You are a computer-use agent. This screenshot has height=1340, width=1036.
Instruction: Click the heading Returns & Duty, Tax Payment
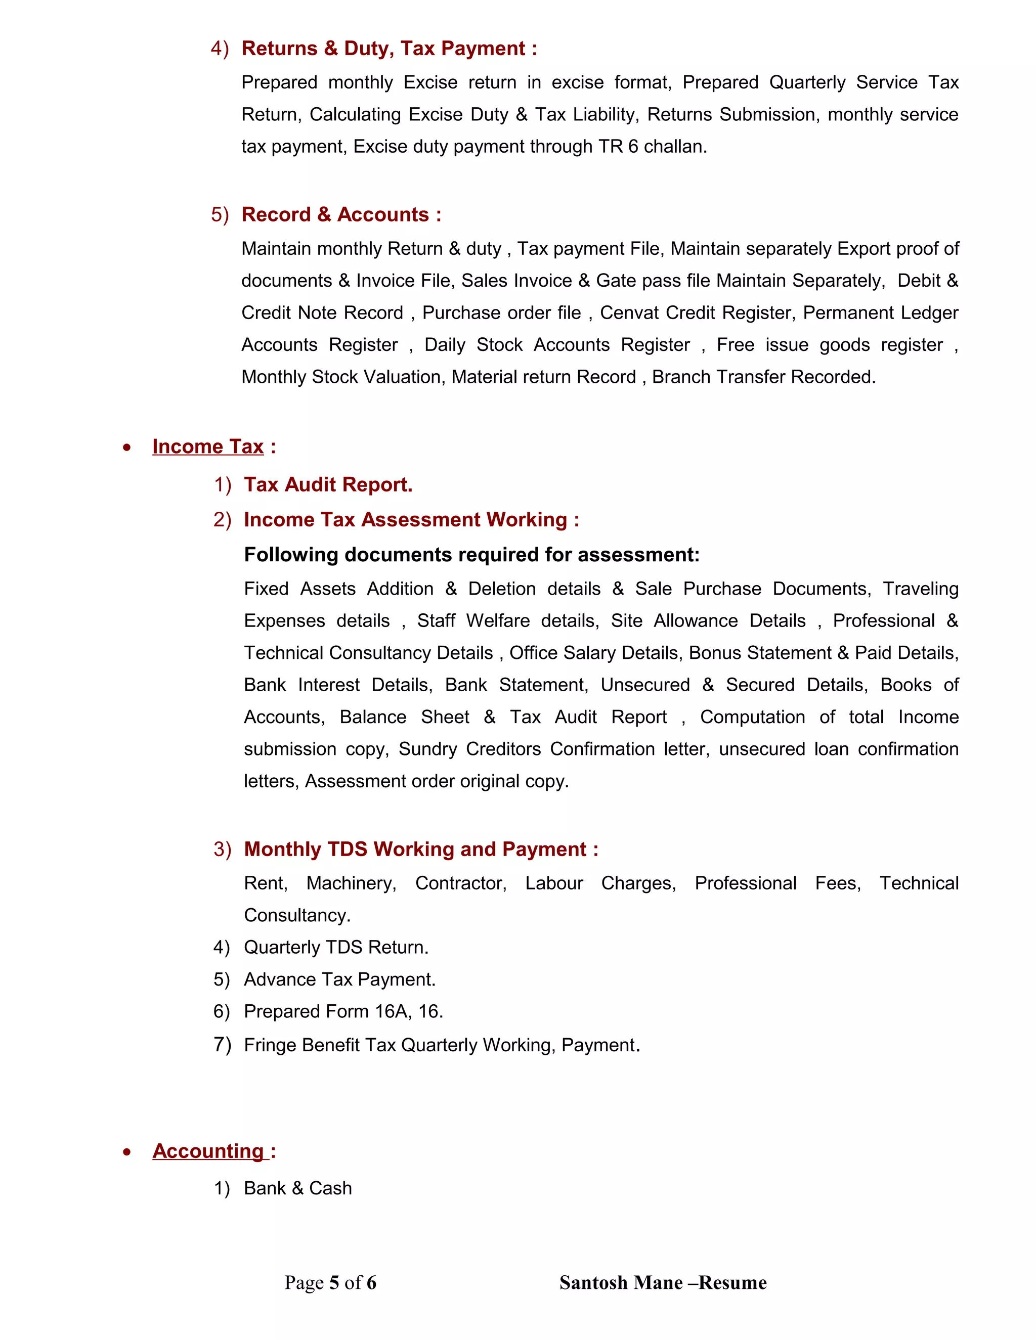pyautogui.click(x=388, y=49)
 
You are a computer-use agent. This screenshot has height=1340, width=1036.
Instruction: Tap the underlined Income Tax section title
pyautogui.click(x=207, y=446)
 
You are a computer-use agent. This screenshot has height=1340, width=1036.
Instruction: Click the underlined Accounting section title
pyautogui.click(x=209, y=1151)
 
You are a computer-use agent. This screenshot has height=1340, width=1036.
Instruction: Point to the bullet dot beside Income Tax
pyautogui.click(x=126, y=448)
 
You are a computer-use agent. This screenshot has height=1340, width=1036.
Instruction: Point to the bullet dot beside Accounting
pyautogui.click(x=126, y=1152)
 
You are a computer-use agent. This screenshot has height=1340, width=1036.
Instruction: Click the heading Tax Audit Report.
pyautogui.click(x=328, y=485)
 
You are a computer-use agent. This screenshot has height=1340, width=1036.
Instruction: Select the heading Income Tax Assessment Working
pyautogui.click(x=411, y=520)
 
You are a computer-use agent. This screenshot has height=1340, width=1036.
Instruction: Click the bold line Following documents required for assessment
pyautogui.click(x=471, y=555)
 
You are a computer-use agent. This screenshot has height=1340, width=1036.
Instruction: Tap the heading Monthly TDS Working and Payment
pyautogui.click(x=420, y=849)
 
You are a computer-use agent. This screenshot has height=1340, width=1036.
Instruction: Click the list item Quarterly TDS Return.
pyautogui.click(x=336, y=947)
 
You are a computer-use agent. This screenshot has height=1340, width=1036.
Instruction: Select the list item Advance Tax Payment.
pyautogui.click(x=339, y=979)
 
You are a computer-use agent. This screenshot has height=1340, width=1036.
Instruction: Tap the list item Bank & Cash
pyautogui.click(x=297, y=1188)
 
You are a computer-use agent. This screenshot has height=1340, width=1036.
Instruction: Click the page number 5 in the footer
pyautogui.click(x=334, y=1283)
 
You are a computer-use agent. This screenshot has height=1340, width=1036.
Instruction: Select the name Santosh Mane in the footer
pyautogui.click(x=621, y=1283)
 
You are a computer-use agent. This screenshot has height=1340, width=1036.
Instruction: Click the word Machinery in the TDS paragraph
pyautogui.click(x=351, y=883)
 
